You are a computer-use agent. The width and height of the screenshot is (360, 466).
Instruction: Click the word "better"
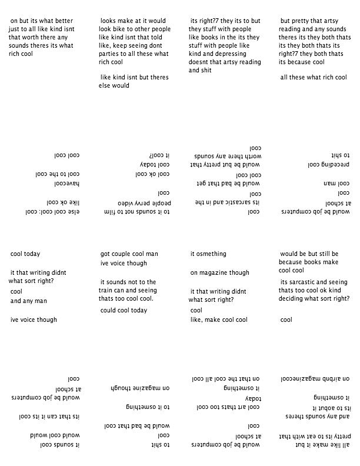coord(63,21)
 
